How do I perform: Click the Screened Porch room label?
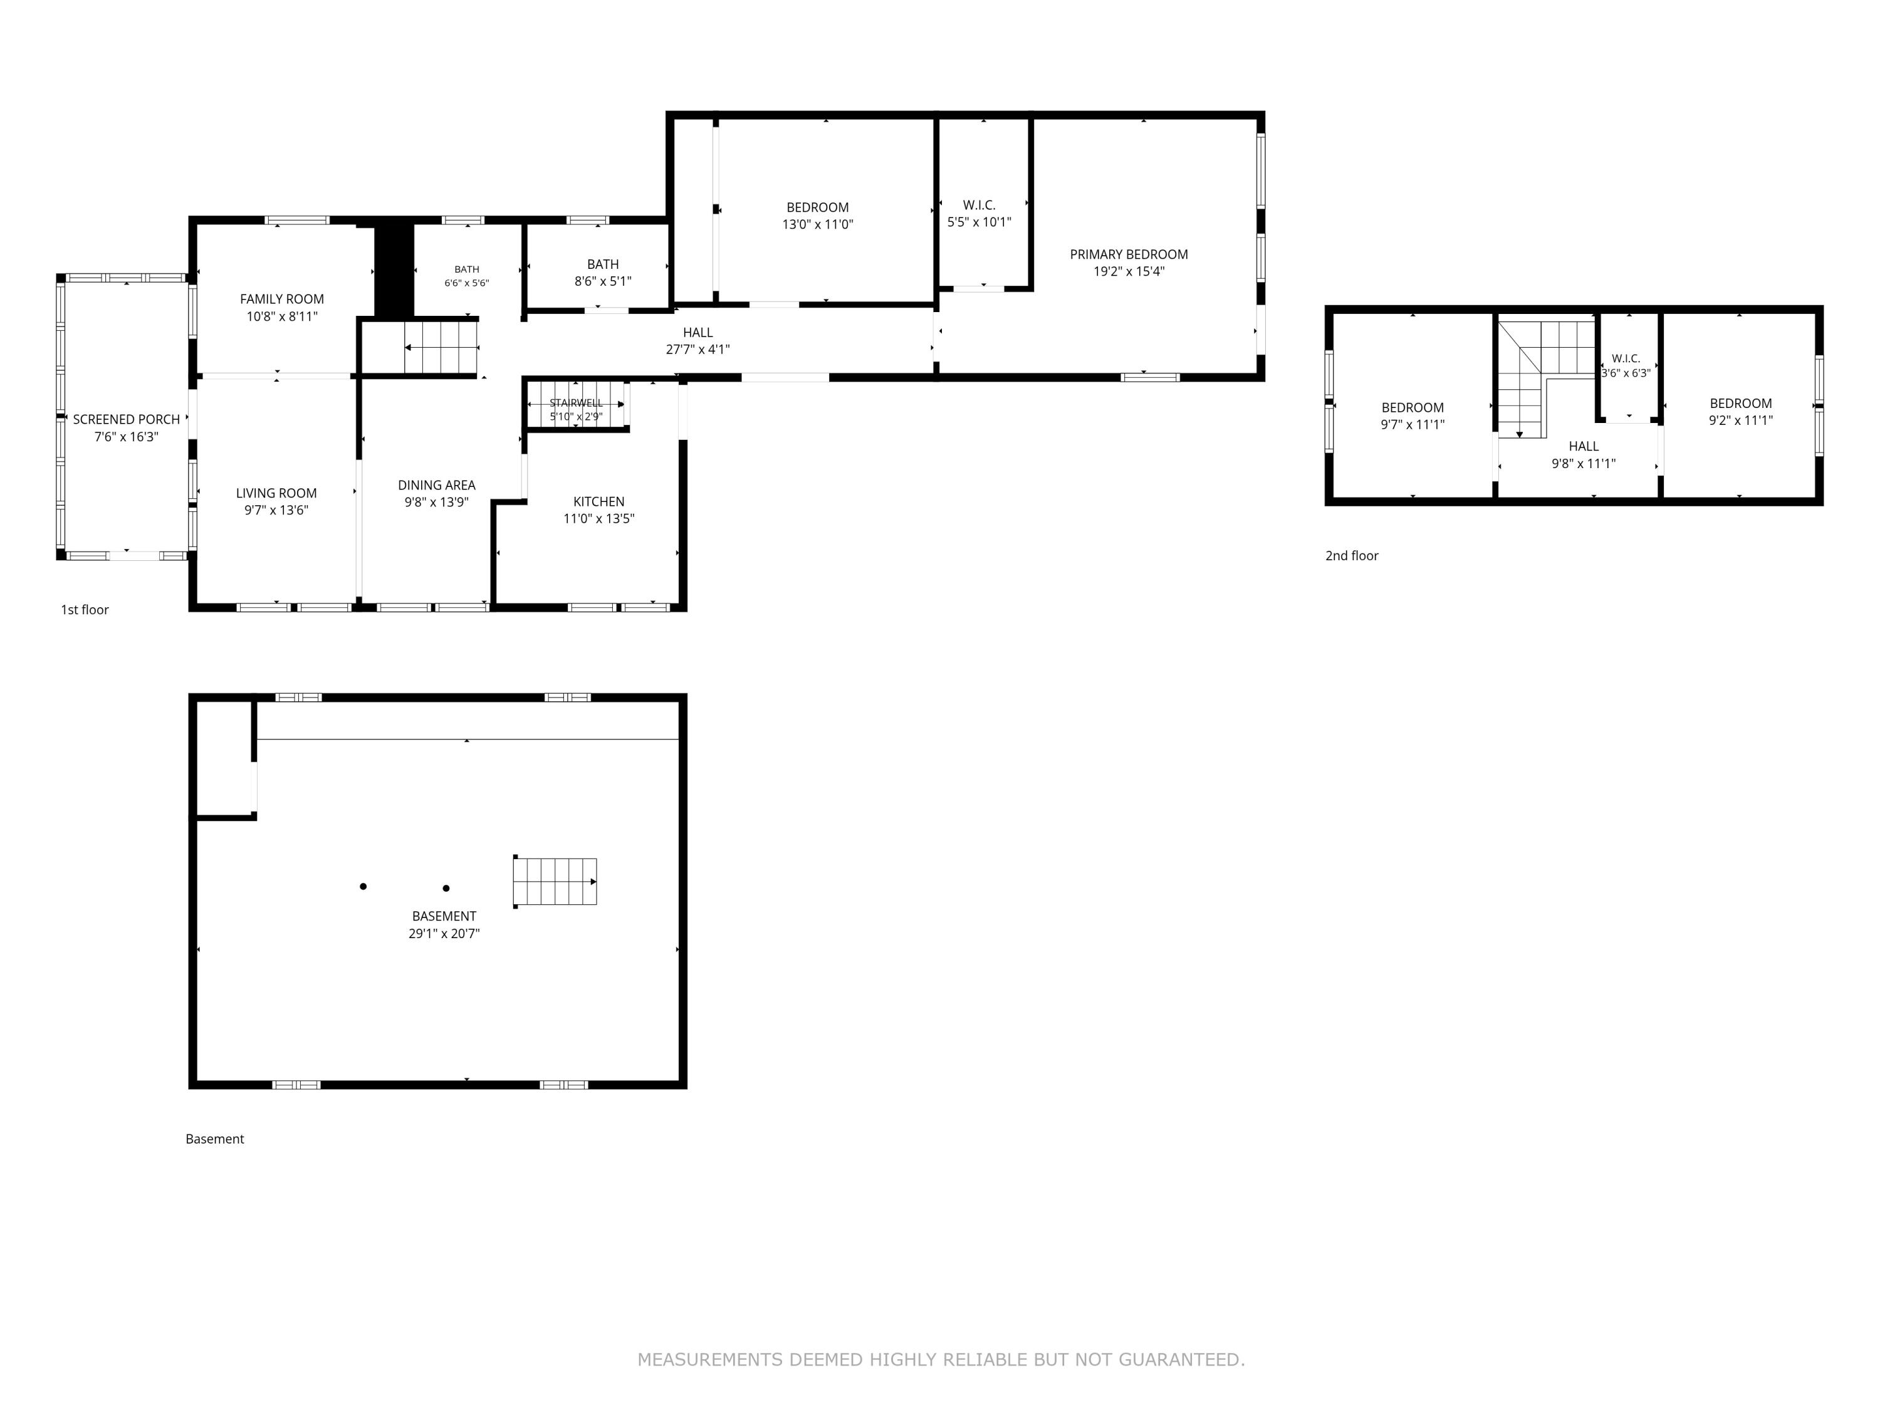coord(127,419)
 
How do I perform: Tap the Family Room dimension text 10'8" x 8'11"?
coord(282,316)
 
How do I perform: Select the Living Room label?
coord(276,493)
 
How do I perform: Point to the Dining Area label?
coord(437,485)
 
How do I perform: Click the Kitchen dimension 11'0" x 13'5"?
coord(599,518)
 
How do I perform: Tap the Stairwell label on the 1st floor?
coord(577,403)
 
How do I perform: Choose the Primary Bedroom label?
coord(1129,254)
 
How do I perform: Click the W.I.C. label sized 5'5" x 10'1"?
coord(979,205)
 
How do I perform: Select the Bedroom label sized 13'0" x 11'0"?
coord(818,207)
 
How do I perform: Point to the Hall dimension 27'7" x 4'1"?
coord(697,349)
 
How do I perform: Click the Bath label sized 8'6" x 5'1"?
coord(603,264)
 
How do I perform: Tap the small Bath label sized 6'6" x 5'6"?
coord(467,269)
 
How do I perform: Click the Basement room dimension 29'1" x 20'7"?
coord(444,933)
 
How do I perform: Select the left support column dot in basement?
coord(363,887)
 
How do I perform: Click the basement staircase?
coord(555,881)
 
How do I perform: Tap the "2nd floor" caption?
coord(1351,556)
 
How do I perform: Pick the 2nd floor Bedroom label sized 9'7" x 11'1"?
coord(1413,407)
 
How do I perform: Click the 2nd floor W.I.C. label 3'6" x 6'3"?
coord(1626,358)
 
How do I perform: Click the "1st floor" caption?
coord(85,609)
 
